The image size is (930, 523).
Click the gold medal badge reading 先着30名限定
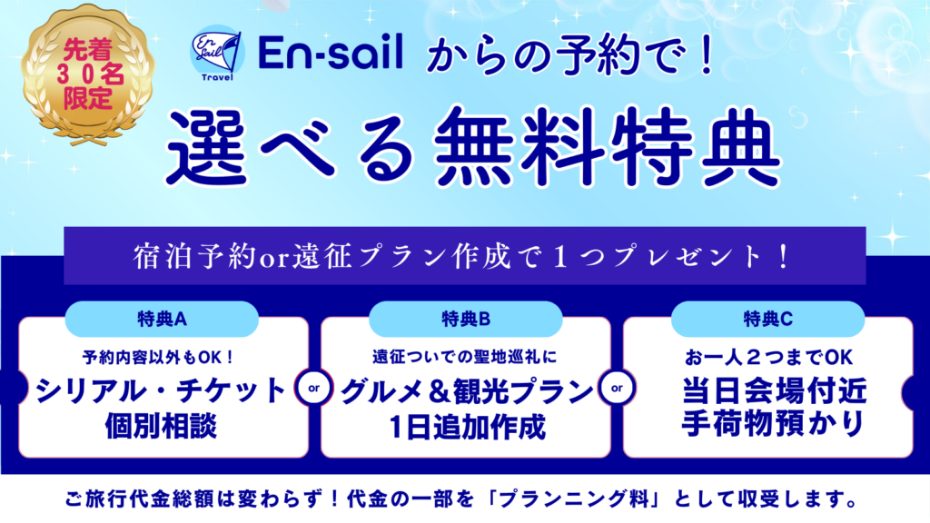[x=88, y=74]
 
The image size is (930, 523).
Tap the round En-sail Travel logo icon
[x=218, y=52]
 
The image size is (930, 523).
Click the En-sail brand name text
[x=331, y=52]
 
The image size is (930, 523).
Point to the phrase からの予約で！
[x=570, y=57]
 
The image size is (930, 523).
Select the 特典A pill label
[x=162, y=320]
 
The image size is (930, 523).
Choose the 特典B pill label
[x=466, y=320]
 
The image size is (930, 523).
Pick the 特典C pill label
[x=768, y=320]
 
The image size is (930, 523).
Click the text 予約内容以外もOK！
[x=159, y=358]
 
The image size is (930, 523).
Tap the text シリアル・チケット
[x=161, y=390]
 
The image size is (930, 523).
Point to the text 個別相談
[x=162, y=427]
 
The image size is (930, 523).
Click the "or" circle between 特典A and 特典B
[x=314, y=389]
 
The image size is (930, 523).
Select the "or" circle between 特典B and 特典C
[x=618, y=389]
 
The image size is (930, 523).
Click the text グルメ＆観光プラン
[x=467, y=391]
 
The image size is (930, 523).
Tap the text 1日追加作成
[x=467, y=427]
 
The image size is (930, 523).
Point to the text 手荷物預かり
[x=772, y=425]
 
